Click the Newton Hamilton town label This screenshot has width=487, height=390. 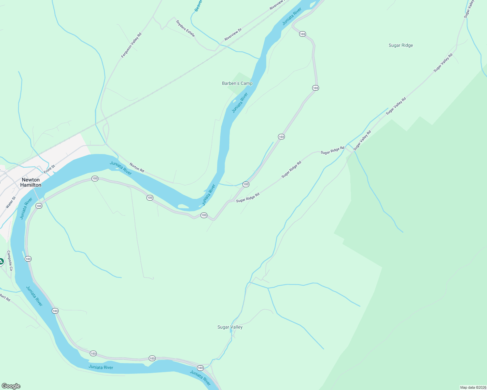(31, 182)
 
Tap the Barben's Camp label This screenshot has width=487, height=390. (237, 83)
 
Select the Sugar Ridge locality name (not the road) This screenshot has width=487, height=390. (400, 45)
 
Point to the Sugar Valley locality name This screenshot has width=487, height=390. (230, 327)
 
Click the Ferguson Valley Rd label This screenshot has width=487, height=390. (131, 45)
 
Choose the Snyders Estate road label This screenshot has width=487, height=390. (185, 28)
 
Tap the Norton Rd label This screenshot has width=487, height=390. (137, 167)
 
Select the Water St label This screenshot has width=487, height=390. (11, 202)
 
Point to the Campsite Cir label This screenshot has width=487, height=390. (9, 261)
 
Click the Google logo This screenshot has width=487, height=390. (11, 386)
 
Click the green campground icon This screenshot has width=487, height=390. (1, 261)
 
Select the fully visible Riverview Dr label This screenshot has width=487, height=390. (233, 35)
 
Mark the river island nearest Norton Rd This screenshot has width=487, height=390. (183, 206)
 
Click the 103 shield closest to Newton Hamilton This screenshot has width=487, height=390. (39, 206)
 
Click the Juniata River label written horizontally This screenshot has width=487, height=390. (101, 367)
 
